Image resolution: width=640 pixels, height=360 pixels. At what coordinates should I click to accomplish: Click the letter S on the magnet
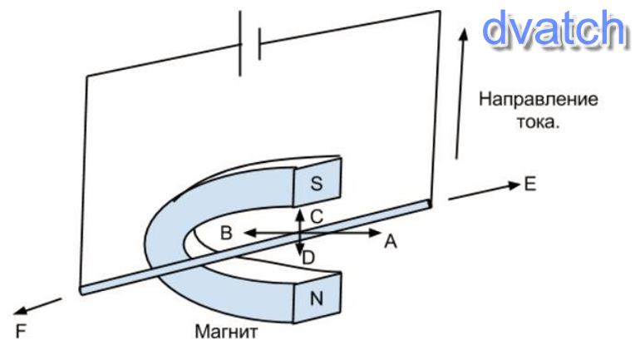click(x=315, y=185)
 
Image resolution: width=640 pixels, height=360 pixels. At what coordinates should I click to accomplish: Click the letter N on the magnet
click(x=316, y=299)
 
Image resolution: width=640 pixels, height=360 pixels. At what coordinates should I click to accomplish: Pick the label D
click(x=308, y=259)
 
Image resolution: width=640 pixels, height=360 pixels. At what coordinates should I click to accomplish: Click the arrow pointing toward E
click(x=482, y=191)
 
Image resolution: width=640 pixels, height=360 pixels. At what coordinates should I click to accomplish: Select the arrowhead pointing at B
click(x=247, y=234)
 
